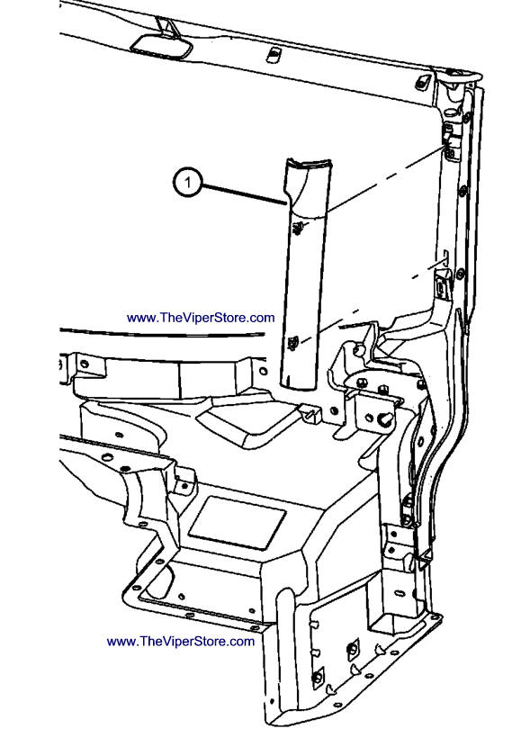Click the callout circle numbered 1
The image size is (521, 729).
[x=187, y=183]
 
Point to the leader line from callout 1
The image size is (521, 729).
[x=244, y=195]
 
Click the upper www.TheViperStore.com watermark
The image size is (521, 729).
[x=201, y=318]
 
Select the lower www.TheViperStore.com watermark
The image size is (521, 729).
[x=181, y=642]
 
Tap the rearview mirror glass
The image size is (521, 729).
[x=161, y=47]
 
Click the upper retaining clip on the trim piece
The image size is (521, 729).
[x=298, y=227]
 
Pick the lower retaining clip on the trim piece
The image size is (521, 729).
[x=293, y=343]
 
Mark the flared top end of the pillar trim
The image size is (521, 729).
[x=307, y=163]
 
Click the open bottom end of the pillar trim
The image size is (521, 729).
[x=298, y=385]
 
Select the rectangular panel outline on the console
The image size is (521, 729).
[x=237, y=523]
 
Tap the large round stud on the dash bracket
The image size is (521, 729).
[x=386, y=419]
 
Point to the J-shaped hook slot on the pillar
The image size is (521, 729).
[x=445, y=257]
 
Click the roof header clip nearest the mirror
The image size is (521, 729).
[x=273, y=54]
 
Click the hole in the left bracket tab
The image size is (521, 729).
[x=84, y=363]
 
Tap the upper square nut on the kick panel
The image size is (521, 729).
[x=354, y=649]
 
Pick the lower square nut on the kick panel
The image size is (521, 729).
[x=318, y=677]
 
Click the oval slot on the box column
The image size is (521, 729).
[x=400, y=593]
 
